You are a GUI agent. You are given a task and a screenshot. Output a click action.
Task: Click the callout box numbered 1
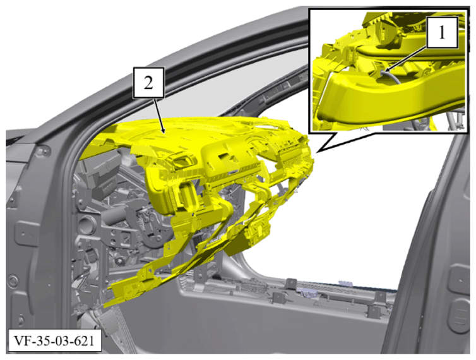click(442, 32)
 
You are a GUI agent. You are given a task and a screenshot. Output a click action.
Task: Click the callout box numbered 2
click(148, 83)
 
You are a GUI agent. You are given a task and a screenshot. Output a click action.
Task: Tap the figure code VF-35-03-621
click(54, 340)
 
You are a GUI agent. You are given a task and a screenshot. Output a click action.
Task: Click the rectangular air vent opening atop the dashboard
click(182, 160)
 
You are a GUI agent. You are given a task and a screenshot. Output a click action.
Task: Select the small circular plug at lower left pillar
click(13, 280)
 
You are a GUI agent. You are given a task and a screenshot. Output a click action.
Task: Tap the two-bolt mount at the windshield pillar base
click(42, 152)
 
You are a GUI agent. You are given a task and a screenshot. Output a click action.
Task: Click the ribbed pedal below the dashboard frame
click(109, 321)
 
